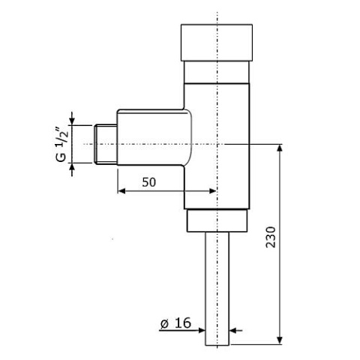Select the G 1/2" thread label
[61, 141]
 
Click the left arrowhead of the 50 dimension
[121, 190]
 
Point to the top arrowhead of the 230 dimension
[281, 146]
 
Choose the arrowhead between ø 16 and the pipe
[202, 328]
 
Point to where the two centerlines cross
[217, 142]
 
